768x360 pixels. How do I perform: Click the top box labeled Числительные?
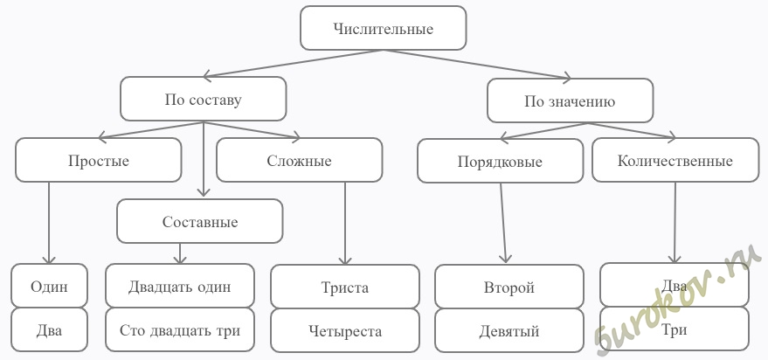[383, 28]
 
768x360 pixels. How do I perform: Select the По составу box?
[204, 99]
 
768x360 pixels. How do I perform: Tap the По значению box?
[571, 100]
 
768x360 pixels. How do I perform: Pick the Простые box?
[99, 160]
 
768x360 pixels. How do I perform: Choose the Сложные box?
[300, 160]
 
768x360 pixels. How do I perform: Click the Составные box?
[200, 221]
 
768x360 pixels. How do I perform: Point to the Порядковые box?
[500, 161]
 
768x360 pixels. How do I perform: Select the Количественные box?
[675, 160]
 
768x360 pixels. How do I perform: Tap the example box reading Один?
[49, 286]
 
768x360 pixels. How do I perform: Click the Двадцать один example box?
[180, 286]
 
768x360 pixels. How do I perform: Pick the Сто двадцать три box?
[180, 329]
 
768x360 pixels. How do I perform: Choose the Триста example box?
[345, 287]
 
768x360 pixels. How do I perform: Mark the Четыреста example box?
[345, 330]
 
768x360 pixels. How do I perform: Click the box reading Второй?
[509, 287]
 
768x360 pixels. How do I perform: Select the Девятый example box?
[509, 330]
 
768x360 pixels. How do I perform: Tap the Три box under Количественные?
[675, 329]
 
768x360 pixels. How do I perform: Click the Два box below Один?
[49, 329]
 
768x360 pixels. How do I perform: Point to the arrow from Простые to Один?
[49, 224]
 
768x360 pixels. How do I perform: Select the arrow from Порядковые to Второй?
[503, 224]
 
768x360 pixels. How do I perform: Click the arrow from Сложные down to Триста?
[345, 224]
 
